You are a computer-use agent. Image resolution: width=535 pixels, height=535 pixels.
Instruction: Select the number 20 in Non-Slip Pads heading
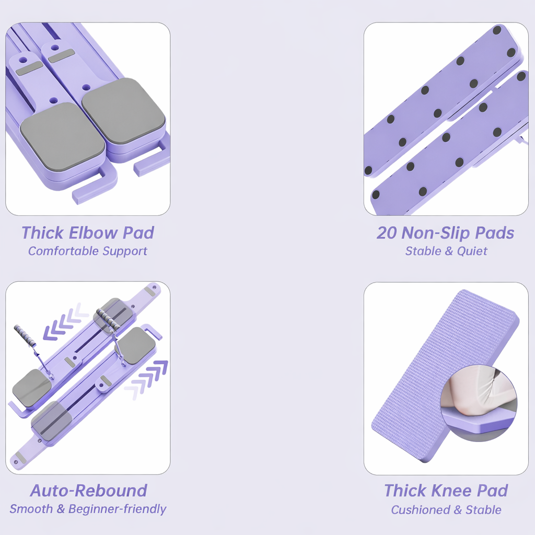(387, 233)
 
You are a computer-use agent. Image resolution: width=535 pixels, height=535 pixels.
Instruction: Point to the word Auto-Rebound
(88, 491)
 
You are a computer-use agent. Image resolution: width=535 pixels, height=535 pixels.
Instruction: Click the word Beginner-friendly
(117, 509)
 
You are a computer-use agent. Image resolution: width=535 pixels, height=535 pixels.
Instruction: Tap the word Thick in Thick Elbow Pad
(43, 232)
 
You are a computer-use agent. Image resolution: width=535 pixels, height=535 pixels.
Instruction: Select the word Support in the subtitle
(125, 251)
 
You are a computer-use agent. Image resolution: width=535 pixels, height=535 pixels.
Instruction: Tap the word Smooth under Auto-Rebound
(31, 509)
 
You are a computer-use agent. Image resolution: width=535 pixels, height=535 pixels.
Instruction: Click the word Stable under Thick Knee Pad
(483, 510)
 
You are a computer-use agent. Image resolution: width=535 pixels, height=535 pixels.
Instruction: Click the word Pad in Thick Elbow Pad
(138, 232)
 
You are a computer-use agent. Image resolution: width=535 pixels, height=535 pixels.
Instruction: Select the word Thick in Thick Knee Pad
(405, 491)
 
